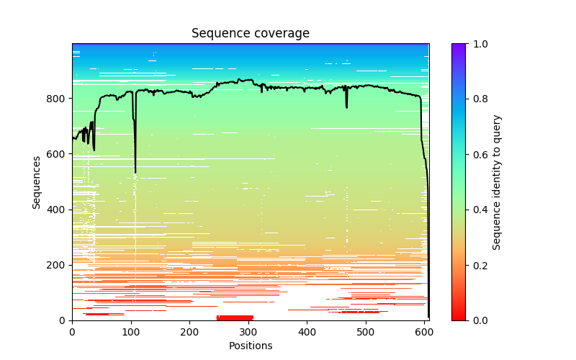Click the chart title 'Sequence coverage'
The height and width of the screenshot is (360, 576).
tap(250, 34)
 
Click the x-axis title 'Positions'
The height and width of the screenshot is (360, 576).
tap(250, 346)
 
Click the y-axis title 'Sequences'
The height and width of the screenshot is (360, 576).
tap(36, 181)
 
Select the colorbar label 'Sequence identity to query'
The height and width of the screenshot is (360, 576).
tap(498, 181)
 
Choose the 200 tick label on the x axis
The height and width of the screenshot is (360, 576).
tap(189, 332)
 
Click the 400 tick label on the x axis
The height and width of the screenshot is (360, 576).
tap(307, 332)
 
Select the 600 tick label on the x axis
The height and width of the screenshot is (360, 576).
tap(425, 332)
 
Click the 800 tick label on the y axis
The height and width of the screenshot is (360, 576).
tap(58, 99)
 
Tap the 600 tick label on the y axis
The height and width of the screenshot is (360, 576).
tap(58, 154)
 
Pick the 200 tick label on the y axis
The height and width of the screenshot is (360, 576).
tap(58, 265)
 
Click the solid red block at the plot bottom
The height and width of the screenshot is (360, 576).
tap(235, 318)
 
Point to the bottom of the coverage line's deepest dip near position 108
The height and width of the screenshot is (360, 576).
tap(135, 173)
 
